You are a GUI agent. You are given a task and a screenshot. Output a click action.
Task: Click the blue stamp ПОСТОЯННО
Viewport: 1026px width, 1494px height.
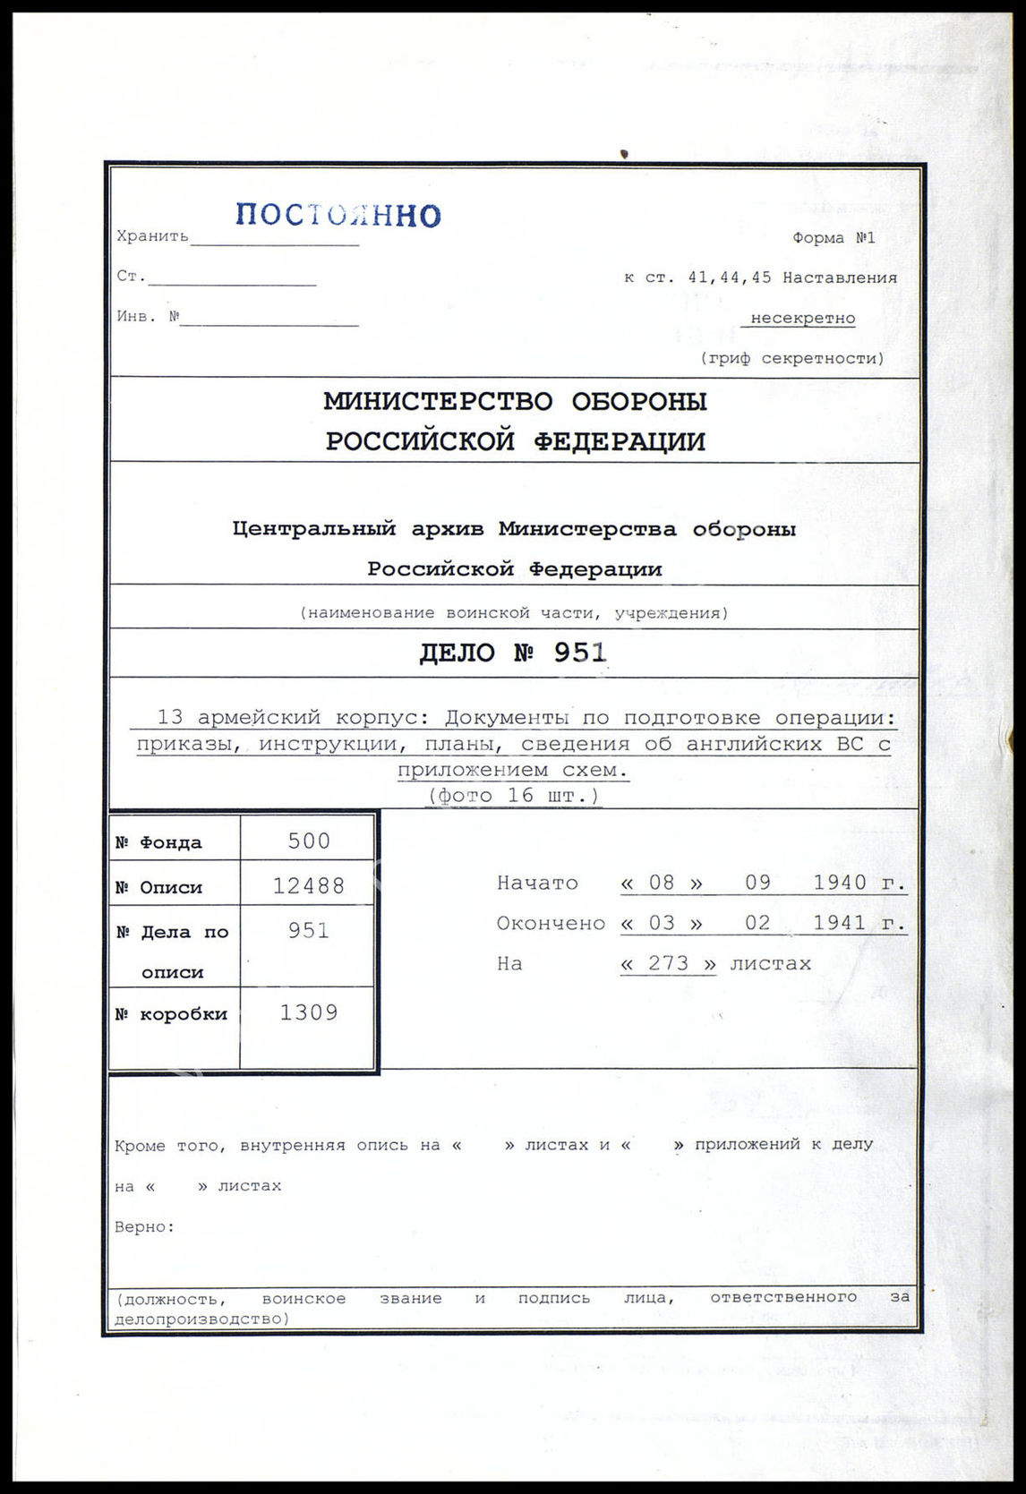pos(338,215)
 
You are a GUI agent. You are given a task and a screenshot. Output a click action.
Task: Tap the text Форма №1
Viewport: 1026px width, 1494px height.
pos(833,238)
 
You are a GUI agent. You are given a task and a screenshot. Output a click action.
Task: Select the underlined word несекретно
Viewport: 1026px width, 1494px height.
pos(802,318)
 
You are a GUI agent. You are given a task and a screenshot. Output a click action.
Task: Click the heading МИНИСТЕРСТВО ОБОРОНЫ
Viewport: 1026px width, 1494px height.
pos(515,402)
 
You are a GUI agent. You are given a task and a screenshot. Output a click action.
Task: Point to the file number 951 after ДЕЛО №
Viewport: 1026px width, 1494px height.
pos(579,653)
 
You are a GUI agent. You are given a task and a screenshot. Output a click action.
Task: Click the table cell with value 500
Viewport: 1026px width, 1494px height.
pos(309,841)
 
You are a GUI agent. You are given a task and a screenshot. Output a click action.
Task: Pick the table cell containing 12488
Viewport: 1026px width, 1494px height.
pos(309,885)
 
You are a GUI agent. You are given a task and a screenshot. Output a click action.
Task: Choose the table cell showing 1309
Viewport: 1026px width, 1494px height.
pos(309,1012)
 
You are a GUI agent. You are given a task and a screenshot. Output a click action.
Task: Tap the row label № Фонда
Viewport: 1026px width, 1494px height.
pos(158,842)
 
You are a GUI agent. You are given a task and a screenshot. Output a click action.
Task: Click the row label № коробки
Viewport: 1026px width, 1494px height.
pos(171,1014)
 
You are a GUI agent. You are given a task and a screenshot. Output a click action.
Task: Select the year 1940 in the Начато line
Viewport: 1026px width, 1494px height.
pos(840,883)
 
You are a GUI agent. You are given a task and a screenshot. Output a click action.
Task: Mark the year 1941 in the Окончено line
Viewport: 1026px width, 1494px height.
pos(840,923)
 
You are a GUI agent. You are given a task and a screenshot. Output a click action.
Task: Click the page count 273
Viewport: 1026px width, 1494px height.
pos(668,963)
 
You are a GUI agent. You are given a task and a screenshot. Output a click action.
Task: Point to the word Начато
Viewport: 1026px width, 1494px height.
pos(537,883)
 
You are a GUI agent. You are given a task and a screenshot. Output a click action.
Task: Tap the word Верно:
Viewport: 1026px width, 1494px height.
pos(145,1226)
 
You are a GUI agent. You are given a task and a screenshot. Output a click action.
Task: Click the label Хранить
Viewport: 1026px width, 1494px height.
pos(152,236)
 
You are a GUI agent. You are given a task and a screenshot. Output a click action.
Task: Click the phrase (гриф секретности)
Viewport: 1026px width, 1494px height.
pos(792,358)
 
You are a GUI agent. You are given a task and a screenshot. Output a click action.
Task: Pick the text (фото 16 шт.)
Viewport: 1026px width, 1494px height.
pos(513,795)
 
